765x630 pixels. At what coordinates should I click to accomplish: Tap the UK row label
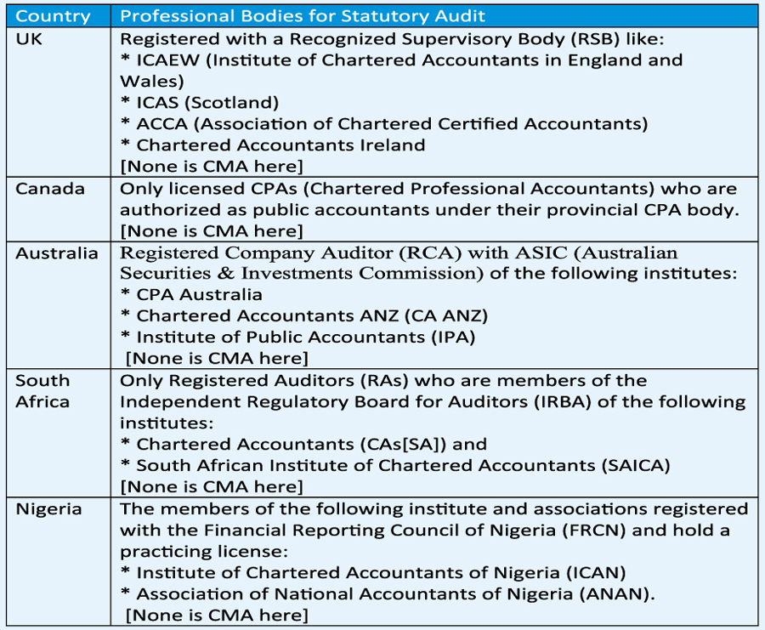(x=29, y=38)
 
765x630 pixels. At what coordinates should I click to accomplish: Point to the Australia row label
(x=56, y=253)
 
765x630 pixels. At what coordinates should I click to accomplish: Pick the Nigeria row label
(x=48, y=509)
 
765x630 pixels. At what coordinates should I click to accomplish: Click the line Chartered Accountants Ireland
(x=280, y=145)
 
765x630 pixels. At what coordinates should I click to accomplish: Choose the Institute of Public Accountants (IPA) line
(x=297, y=338)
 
